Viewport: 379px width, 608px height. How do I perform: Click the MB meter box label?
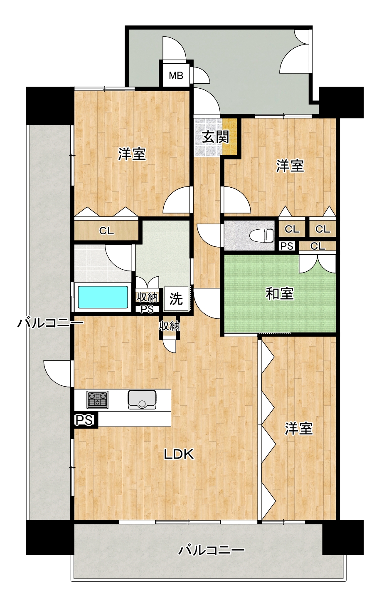coord(176,76)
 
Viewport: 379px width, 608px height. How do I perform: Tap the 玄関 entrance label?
coord(216,137)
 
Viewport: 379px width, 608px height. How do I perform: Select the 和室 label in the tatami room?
coord(280,294)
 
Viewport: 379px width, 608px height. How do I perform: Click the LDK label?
coord(179,454)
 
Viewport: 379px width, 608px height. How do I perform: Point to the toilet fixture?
coord(261,235)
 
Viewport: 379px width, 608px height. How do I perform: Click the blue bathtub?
coord(103,297)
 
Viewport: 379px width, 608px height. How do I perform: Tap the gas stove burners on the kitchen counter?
coord(97,400)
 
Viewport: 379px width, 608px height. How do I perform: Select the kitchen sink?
coord(142,400)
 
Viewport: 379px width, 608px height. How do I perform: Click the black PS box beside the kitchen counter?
coord(84,420)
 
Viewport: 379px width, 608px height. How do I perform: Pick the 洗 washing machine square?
coord(176,299)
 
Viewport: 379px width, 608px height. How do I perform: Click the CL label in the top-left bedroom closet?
coord(106,231)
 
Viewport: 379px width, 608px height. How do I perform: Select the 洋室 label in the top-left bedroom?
coord(132,154)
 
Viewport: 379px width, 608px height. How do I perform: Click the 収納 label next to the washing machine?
coord(147,297)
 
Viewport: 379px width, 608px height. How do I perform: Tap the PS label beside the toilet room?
coord(287,246)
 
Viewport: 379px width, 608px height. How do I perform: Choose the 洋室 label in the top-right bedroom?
coord(290,166)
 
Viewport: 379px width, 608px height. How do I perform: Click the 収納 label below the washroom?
coord(170,326)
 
